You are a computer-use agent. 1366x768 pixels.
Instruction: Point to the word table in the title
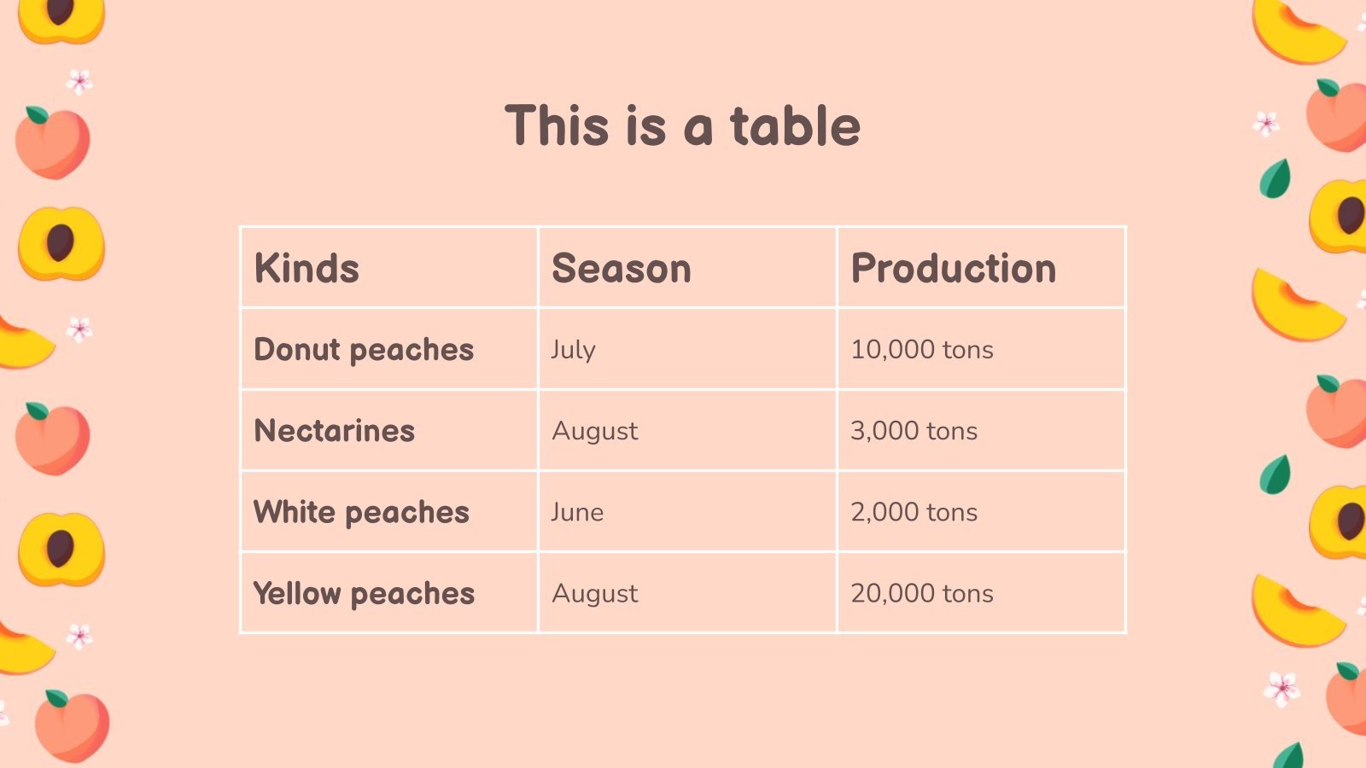coord(795,126)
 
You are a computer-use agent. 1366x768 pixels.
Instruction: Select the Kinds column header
coord(306,269)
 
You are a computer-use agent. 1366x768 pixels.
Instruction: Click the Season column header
coord(622,269)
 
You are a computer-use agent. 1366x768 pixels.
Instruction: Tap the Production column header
coord(954,269)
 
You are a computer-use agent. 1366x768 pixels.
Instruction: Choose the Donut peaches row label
coord(364,350)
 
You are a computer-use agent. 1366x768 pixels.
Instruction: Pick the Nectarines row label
coord(335,431)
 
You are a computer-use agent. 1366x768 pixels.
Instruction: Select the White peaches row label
coord(362,512)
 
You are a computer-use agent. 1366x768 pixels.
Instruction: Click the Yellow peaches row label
coord(364,593)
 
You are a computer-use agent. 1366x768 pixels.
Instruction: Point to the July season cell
coord(573,350)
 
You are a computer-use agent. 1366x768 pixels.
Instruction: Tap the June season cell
coord(577,512)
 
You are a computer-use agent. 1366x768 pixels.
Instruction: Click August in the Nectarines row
coord(595,431)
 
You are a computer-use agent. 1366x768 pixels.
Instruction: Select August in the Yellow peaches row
coord(595,593)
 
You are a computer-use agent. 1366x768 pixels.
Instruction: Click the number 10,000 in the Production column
coord(893,350)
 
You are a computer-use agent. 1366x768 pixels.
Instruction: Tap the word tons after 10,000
coord(968,350)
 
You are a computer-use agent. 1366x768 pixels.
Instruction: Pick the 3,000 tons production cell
coord(914,431)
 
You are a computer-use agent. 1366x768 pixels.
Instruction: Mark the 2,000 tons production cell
coord(914,512)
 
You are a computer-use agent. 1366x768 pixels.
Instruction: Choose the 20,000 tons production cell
coord(922,593)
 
